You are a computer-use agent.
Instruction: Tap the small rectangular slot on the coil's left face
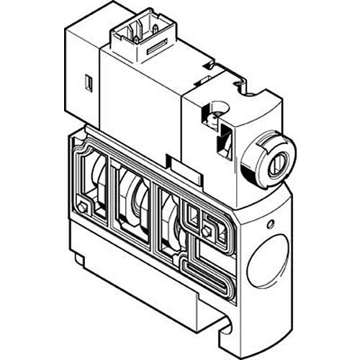[x=89, y=84]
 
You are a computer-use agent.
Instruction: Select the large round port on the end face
[x=264, y=262]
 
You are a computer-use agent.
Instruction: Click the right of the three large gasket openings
[x=169, y=220]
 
